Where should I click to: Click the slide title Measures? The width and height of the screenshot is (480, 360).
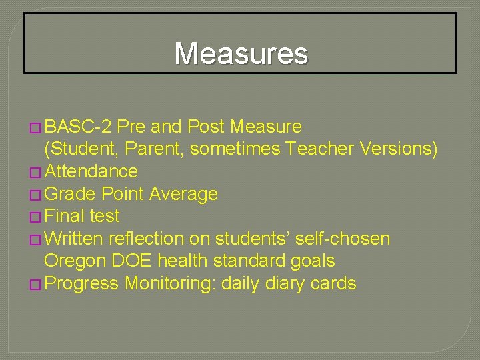pyautogui.click(x=241, y=53)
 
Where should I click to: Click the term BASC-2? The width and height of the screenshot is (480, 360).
pyautogui.click(x=79, y=127)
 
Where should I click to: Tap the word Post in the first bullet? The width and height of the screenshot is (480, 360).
pyautogui.click(x=206, y=127)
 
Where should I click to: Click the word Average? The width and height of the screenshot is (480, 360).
pyautogui.click(x=183, y=194)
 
